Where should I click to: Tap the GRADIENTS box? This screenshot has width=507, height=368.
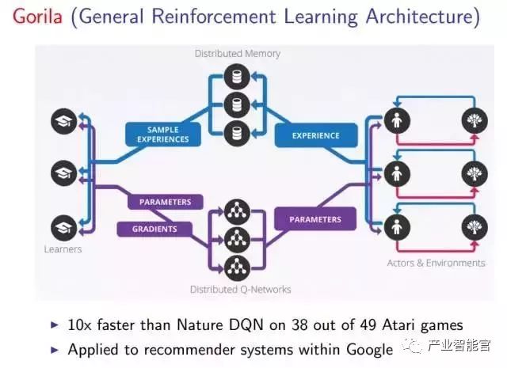coord(154,229)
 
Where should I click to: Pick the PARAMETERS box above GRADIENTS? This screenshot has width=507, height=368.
coord(165,202)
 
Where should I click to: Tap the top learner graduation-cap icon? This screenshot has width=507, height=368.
coord(63,121)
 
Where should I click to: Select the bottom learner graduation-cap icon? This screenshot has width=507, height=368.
coord(63,226)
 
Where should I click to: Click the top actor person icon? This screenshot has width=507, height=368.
coord(395,120)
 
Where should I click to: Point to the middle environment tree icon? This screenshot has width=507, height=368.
coord(475,173)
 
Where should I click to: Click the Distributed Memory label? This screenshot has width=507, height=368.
coord(237,54)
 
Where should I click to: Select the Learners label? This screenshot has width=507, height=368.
coord(63,249)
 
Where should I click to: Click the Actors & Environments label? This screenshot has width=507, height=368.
coord(435,262)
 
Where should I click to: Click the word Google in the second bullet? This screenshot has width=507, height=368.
coord(366,349)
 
